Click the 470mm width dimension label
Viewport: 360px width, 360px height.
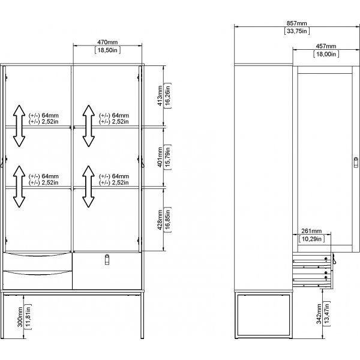[107, 42]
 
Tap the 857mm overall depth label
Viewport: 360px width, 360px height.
[296, 23]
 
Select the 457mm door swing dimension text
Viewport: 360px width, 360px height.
[326, 46]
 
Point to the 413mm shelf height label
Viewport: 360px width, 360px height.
[160, 95]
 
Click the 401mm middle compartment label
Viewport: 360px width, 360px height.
[160, 157]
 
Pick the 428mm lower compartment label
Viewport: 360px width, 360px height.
[160, 220]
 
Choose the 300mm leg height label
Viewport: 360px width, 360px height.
[20, 317]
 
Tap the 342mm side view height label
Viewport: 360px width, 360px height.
[319, 314]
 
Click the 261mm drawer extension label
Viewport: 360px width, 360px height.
[311, 231]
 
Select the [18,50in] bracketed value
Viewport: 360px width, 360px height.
[107, 50]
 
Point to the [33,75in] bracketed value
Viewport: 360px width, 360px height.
[297, 31]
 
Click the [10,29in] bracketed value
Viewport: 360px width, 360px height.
[311, 239]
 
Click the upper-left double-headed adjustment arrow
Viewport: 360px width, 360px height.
[19, 126]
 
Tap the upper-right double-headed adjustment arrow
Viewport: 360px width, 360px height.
[89, 126]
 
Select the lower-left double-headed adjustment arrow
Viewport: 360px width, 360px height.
[19, 187]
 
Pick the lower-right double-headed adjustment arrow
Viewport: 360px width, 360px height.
[88, 187]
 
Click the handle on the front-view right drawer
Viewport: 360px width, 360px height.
[107, 259]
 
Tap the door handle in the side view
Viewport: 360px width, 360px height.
[356, 162]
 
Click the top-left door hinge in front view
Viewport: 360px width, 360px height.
[6, 77]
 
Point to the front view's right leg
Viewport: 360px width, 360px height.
[142, 316]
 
